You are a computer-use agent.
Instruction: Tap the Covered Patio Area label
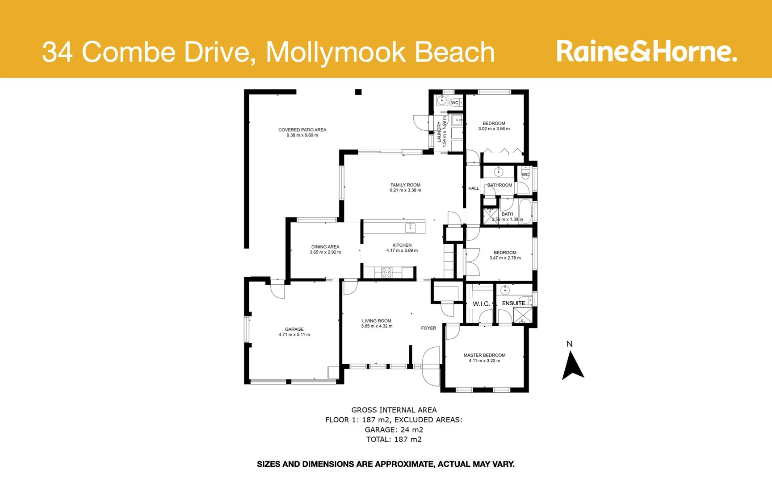[302, 130]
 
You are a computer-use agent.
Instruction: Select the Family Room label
[405, 185]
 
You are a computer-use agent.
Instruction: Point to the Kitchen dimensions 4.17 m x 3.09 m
[402, 251]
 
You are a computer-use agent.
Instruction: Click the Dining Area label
[325, 247]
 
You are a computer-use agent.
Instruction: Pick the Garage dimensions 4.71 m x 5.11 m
[294, 335]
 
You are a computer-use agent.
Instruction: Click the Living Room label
[377, 321]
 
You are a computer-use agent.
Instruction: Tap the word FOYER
[428, 328]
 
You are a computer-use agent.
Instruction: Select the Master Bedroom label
[484, 355]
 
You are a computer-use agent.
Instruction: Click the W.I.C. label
[481, 304]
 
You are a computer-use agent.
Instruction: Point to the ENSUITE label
[513, 303]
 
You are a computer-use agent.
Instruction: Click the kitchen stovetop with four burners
[386, 273]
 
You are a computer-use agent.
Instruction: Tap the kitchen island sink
[410, 228]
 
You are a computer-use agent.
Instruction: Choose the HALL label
[474, 188]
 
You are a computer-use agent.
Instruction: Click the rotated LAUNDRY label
[439, 132]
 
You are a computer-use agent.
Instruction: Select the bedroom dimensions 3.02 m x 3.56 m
[494, 129]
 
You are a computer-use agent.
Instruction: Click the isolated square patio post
[358, 92]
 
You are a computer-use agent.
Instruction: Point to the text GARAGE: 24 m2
[394, 430]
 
